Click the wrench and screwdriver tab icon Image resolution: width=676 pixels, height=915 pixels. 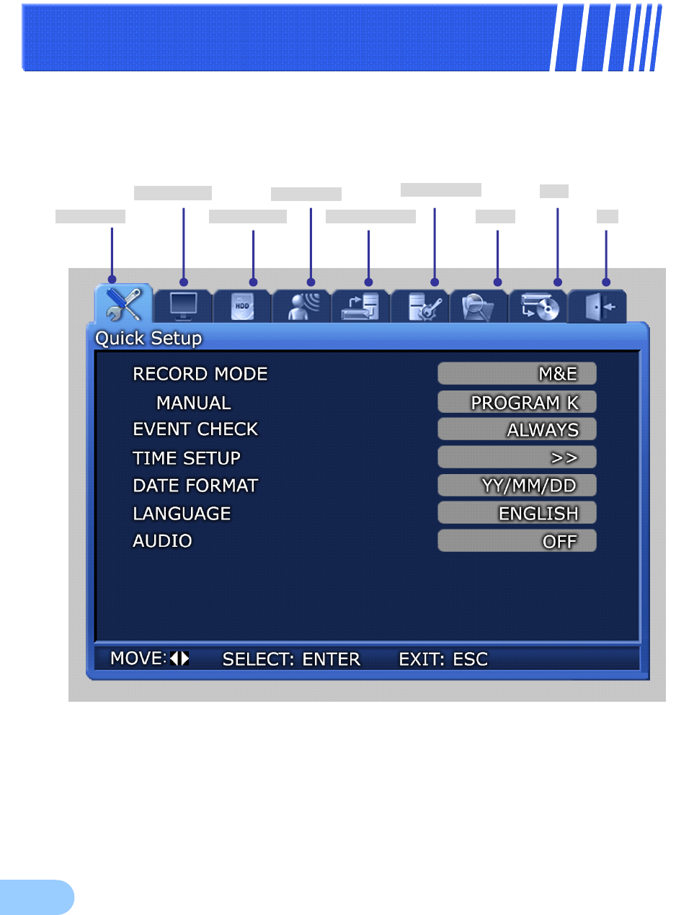point(123,304)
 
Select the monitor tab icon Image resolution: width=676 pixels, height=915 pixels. point(183,306)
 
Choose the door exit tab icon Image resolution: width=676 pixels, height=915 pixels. point(597,307)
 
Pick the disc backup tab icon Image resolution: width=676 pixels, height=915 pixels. point(538,307)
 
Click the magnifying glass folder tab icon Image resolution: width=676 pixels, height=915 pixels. point(479,307)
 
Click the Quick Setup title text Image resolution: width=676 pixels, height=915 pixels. point(148,338)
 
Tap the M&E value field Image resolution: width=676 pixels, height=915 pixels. point(517,374)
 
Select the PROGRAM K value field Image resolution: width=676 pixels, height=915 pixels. point(517,402)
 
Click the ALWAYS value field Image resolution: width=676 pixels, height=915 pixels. point(517,429)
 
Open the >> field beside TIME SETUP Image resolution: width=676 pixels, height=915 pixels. point(517,458)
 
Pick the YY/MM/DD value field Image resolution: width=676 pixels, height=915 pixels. point(517,486)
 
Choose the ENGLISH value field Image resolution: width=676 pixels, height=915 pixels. point(517,513)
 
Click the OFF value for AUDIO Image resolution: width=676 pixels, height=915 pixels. point(517,541)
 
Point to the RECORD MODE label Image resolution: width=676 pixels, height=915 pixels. point(200,374)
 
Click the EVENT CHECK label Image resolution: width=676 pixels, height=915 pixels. point(195,429)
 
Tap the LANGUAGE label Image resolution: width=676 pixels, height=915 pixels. point(182,514)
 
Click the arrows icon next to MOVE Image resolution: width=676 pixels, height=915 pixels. point(179,658)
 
